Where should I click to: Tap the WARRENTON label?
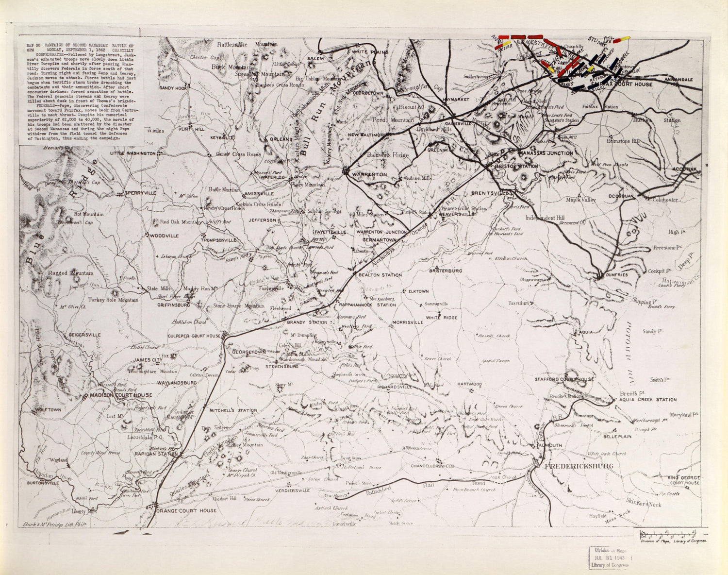pyautogui.click(x=369, y=174)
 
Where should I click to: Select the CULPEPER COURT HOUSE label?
pyautogui.click(x=194, y=336)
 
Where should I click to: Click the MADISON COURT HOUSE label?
pyautogui.click(x=121, y=395)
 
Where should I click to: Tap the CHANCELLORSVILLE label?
pyautogui.click(x=431, y=466)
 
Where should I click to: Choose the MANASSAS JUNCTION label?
pyautogui.click(x=546, y=153)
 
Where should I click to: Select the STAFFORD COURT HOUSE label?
pyautogui.click(x=564, y=379)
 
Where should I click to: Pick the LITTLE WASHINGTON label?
pyautogui.click(x=132, y=153)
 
